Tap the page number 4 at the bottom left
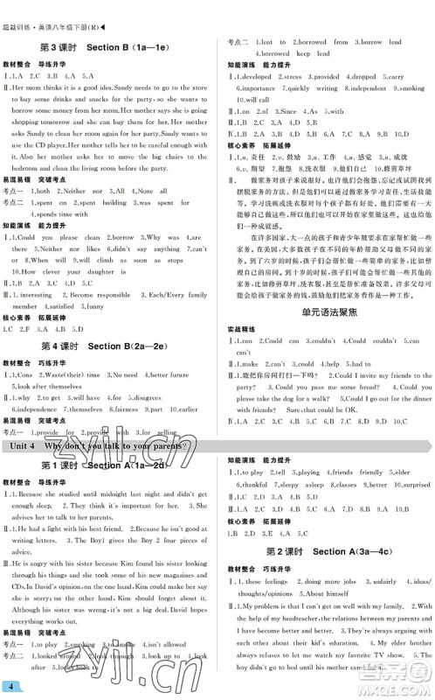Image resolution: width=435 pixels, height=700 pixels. [10, 683]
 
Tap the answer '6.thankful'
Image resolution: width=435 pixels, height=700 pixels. [252, 484]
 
